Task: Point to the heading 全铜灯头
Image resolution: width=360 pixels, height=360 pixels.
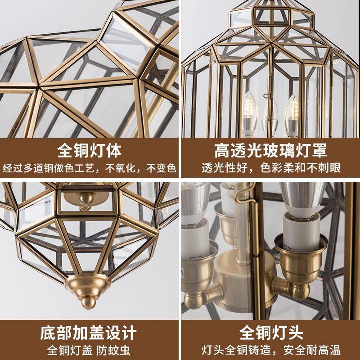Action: click(270, 334)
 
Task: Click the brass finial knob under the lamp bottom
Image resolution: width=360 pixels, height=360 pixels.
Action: click(92, 301)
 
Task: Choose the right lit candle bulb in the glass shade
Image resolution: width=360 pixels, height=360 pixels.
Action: click(293, 110)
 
